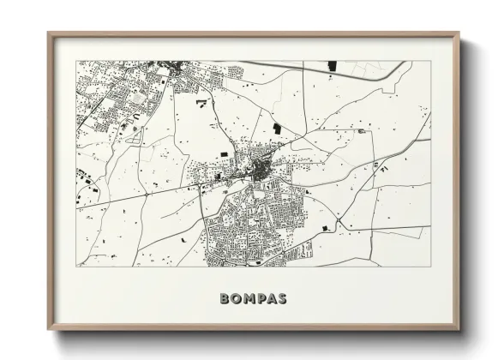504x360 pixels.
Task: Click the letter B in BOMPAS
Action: (225, 299)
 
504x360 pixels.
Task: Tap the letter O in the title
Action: (238, 299)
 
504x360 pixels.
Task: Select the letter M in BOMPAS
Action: (252, 299)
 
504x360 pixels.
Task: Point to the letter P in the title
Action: (266, 299)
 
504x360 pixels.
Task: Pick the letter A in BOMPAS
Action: (278, 299)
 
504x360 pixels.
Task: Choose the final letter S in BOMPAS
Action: (291, 299)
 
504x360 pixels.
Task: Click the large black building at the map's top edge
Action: (333, 65)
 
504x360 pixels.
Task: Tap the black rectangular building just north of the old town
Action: (277, 128)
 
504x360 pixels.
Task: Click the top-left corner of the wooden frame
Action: (49, 33)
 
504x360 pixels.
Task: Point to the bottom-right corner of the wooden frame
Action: (459, 330)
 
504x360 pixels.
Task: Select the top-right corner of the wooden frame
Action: (459, 33)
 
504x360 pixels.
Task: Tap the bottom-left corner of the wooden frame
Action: (49, 330)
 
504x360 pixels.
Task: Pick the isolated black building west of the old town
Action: (225, 153)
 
